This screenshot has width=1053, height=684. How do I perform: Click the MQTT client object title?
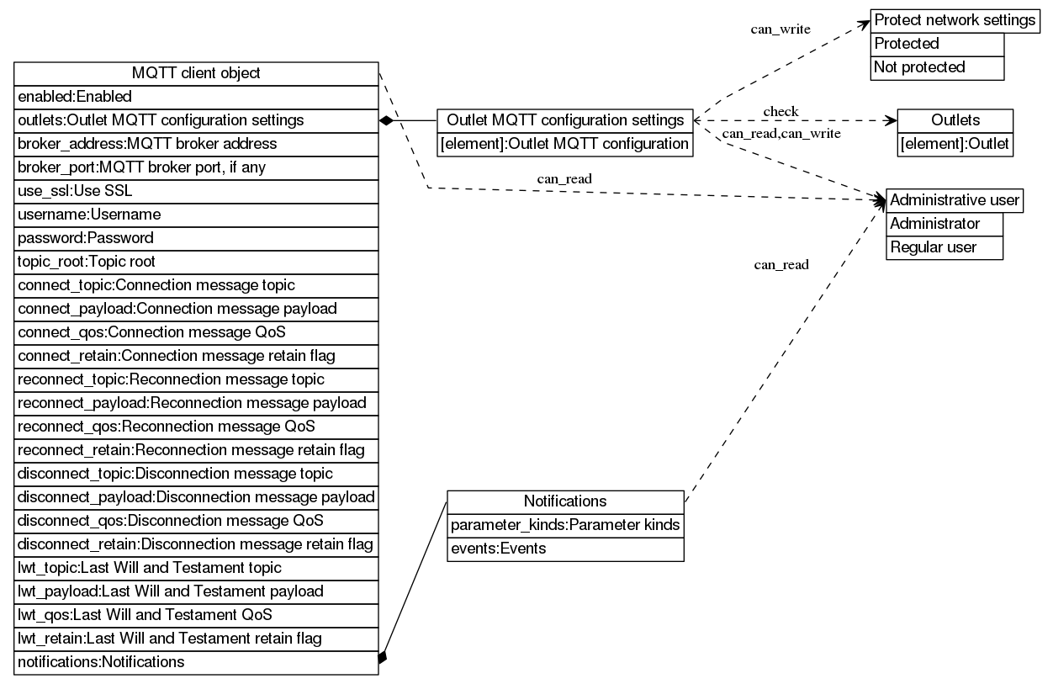pyautogui.click(x=196, y=73)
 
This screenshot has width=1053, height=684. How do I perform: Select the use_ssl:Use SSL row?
pyautogui.click(x=196, y=191)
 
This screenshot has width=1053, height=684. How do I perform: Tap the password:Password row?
pyautogui.click(x=196, y=238)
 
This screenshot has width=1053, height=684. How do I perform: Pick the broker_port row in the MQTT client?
pyautogui.click(x=196, y=167)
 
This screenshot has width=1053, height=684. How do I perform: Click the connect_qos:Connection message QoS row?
pyautogui.click(x=196, y=332)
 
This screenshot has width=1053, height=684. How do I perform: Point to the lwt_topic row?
pyautogui.click(x=196, y=568)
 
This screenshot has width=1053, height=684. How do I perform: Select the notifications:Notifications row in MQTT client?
pyautogui.click(x=196, y=662)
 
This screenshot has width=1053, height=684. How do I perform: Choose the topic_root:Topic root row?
pyautogui.click(x=196, y=262)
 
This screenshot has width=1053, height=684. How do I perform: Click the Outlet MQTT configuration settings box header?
pyautogui.click(x=564, y=120)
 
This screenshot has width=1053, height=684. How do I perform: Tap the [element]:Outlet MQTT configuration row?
pyautogui.click(x=564, y=144)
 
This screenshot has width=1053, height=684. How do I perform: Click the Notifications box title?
pyautogui.click(x=565, y=501)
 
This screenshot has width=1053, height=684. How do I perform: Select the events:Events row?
pyautogui.click(x=565, y=549)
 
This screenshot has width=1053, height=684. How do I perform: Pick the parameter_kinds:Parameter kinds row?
pyautogui.click(x=565, y=525)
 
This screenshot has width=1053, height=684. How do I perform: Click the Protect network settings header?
pyautogui.click(x=955, y=20)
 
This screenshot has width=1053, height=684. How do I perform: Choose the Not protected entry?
pyautogui.click(x=937, y=67)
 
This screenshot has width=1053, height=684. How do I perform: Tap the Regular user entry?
pyautogui.click(x=944, y=247)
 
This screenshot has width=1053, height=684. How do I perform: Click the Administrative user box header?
pyautogui.click(x=955, y=200)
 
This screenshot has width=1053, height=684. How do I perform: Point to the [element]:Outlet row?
pyautogui.click(x=955, y=144)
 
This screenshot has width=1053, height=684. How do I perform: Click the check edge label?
pyautogui.click(x=780, y=111)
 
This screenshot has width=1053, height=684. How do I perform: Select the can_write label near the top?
pyautogui.click(x=780, y=29)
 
